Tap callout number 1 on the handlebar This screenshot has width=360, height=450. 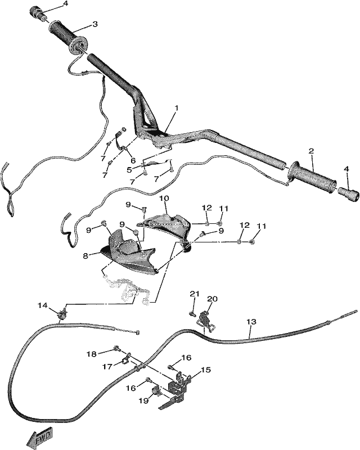pos(177,109)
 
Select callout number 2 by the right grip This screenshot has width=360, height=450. pos(312,151)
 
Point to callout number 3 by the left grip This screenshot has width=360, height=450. pos(95,24)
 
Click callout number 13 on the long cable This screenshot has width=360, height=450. pos(251,322)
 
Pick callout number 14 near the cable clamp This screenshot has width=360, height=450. pos(43,305)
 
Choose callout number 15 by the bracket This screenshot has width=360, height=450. pos(205,370)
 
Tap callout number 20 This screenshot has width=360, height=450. pos(213,299)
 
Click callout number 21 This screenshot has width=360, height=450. pos(195,294)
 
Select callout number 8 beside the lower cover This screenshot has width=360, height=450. pos(85,256)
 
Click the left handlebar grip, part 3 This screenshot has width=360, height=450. pos(68,39)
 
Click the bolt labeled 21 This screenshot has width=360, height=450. pos(191,313)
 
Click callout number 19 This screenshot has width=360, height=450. pos(144,401)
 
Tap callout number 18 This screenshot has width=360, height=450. pos(92,354)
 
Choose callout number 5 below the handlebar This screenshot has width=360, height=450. pos(129,170)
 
